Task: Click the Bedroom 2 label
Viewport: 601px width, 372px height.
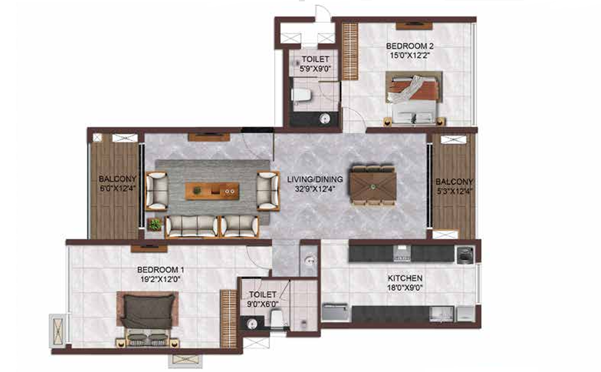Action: coord(410,46)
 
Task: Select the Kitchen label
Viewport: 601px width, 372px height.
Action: coord(405,278)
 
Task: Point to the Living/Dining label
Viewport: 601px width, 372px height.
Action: coord(315,179)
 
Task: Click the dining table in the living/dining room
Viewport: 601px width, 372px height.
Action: coord(373,186)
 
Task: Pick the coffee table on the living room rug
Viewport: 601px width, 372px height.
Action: coord(212,191)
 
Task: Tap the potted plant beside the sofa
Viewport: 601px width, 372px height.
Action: coord(155,224)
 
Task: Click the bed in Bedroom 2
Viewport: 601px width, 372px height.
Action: coord(414,98)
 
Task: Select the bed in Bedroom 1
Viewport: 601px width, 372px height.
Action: coord(148,318)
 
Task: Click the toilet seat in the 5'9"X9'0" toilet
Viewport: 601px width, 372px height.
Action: coord(301,95)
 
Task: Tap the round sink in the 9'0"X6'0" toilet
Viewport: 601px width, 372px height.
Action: coord(252,323)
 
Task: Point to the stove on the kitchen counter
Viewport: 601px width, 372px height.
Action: coord(402,254)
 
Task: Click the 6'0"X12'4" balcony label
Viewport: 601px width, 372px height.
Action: coord(117,184)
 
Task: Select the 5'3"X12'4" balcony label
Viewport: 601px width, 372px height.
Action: coord(454,186)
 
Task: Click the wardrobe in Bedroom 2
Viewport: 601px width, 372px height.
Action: coord(350,51)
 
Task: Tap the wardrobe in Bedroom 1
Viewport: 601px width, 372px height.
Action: coord(229,319)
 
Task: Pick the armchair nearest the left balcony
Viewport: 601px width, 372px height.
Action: coord(157,191)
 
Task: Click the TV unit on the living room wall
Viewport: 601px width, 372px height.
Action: coord(209,137)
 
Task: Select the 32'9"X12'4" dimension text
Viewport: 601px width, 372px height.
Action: coord(314,189)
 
